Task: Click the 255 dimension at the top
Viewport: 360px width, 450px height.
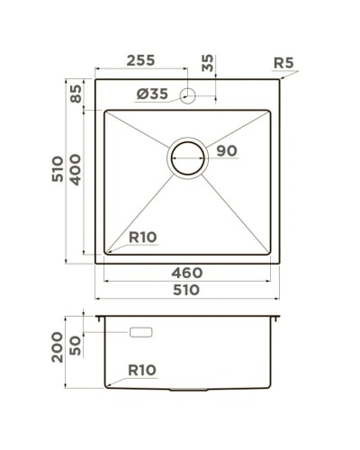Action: (140, 61)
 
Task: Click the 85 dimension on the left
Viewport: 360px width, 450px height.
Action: (76, 94)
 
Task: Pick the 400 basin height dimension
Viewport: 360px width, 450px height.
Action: (76, 178)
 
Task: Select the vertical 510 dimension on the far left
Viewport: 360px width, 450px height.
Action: (56, 170)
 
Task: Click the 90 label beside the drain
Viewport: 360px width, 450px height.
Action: (226, 152)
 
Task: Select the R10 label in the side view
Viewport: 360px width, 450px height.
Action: (143, 368)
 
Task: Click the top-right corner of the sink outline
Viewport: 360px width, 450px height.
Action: (280, 82)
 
